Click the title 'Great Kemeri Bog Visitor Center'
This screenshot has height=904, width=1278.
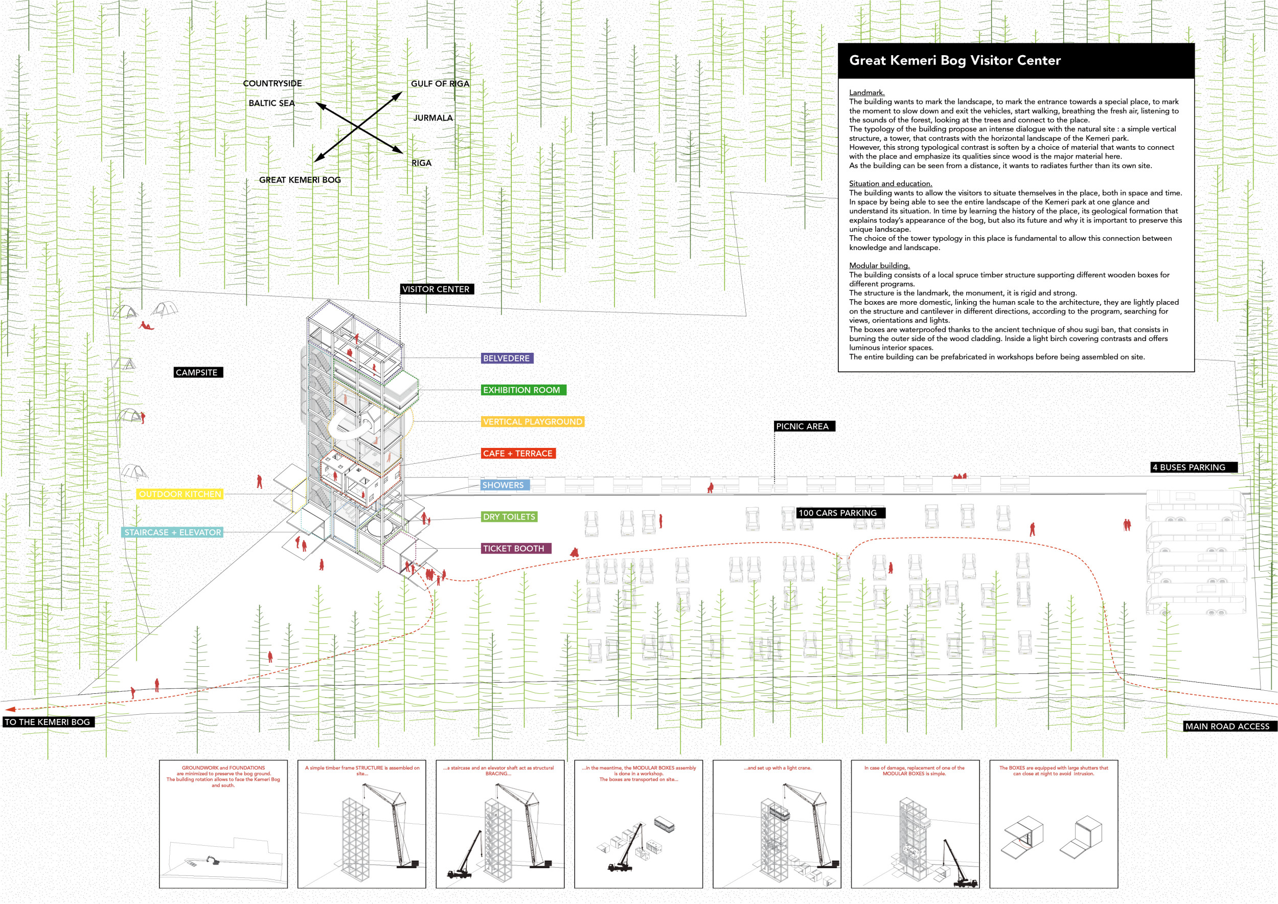click(x=954, y=60)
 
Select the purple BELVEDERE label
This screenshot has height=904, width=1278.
click(x=507, y=358)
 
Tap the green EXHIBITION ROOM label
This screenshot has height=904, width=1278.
click(x=522, y=390)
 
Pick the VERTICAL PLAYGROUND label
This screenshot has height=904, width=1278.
click(x=532, y=421)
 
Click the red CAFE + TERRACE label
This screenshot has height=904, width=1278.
click(x=518, y=453)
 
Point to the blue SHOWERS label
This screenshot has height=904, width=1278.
click(x=503, y=485)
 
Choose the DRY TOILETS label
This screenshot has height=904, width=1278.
click(x=509, y=516)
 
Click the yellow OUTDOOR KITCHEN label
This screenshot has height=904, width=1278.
click(x=180, y=494)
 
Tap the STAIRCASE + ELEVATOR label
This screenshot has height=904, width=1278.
click(x=173, y=532)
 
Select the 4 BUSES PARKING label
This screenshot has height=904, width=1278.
click(x=1192, y=467)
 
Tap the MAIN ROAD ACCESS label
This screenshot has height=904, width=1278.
click(x=1227, y=726)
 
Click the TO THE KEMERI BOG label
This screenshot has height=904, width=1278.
click(x=48, y=722)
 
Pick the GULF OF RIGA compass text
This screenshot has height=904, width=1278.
click(x=440, y=83)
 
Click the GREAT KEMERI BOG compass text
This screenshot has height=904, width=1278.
click(x=300, y=180)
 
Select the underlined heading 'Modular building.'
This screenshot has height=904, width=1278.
click(x=879, y=265)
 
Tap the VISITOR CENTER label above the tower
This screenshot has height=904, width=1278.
click(x=437, y=289)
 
